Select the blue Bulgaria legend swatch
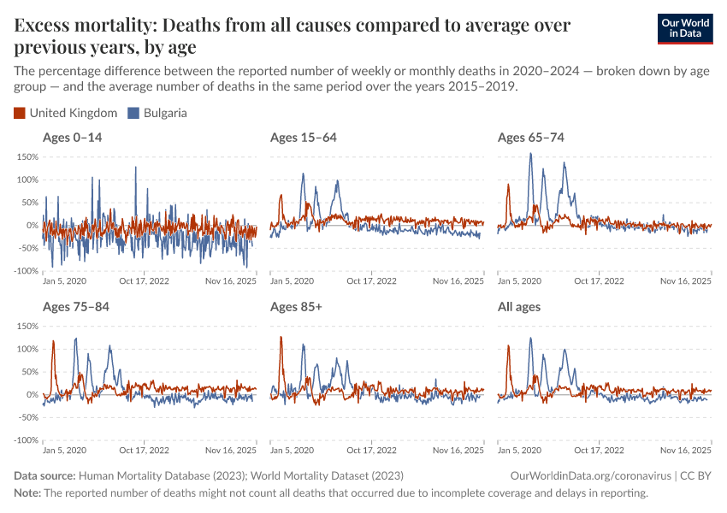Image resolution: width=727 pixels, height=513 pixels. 133,113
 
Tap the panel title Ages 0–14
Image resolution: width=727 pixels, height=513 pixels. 73,138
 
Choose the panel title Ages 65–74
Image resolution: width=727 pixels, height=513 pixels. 530,138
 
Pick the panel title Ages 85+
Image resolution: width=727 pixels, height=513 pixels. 296,306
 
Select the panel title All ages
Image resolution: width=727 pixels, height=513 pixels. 519,306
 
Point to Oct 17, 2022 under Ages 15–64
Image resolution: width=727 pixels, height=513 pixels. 371,281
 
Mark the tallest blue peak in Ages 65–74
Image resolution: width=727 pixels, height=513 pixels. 531,154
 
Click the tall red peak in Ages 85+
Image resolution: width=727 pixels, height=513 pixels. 281,337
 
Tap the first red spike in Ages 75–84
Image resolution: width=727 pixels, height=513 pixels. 54,341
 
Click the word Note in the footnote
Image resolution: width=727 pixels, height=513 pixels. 27,493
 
